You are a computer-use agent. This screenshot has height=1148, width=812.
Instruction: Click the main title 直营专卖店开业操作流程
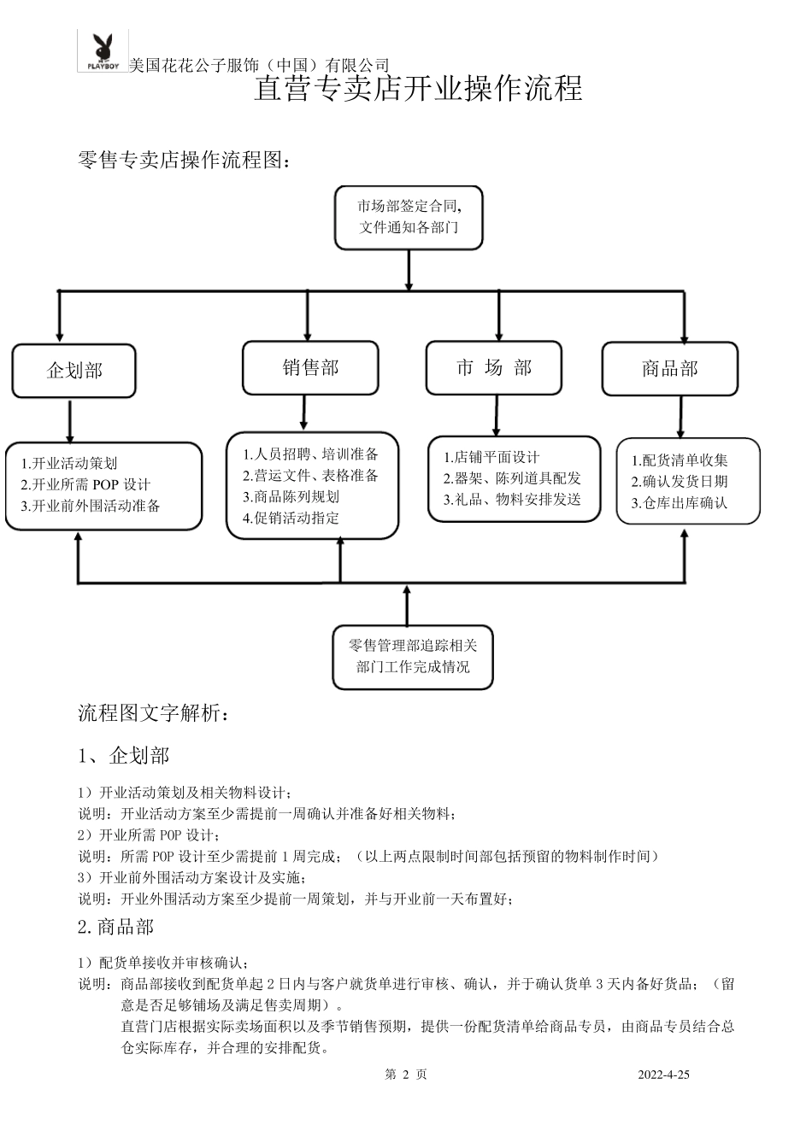tap(418, 89)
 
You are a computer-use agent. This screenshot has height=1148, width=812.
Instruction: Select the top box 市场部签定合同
tap(409, 218)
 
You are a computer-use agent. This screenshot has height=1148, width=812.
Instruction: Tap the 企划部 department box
tap(74, 371)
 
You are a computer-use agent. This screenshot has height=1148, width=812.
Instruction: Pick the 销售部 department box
tap(310, 368)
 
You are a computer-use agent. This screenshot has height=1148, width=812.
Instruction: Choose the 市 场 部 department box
tap(494, 368)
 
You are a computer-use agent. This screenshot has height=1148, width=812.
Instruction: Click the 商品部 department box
tap(670, 369)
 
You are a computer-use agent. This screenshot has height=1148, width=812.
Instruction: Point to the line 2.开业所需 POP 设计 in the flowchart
tap(85, 484)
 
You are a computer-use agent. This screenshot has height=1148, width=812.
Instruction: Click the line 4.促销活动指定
tap(291, 517)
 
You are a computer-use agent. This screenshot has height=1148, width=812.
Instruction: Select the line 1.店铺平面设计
tap(491, 458)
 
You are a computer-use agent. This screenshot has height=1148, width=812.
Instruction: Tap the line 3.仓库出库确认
tap(680, 503)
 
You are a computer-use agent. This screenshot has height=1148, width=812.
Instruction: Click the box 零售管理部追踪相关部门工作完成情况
tap(413, 656)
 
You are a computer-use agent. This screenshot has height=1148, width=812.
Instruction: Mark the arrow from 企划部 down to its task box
tap(70, 420)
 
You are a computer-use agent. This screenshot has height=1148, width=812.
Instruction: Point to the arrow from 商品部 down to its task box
tap(680, 417)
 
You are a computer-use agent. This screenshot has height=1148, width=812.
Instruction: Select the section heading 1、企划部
tap(124, 755)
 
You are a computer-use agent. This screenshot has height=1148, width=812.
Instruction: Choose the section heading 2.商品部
tap(115, 927)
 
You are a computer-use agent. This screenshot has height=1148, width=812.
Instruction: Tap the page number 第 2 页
tap(406, 1075)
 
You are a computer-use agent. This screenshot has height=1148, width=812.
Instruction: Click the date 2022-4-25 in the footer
tap(663, 1075)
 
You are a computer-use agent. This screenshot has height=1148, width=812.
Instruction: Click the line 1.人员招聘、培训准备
tap(310, 454)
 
